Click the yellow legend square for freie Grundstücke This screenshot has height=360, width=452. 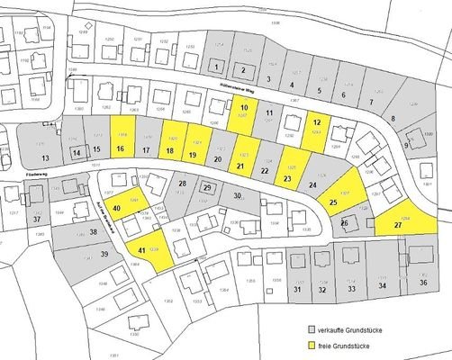pyautogui.click(x=312, y=345)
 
